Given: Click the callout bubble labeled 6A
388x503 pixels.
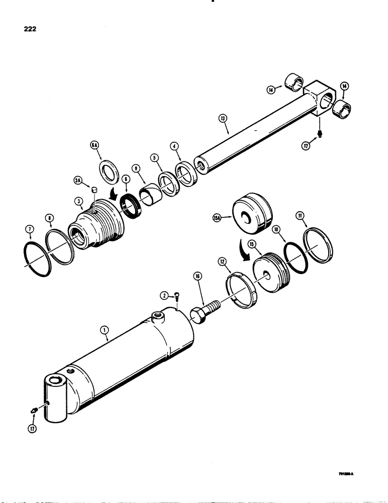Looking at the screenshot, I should tap(93, 145).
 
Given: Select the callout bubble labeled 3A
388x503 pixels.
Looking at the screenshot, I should tap(77, 179).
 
